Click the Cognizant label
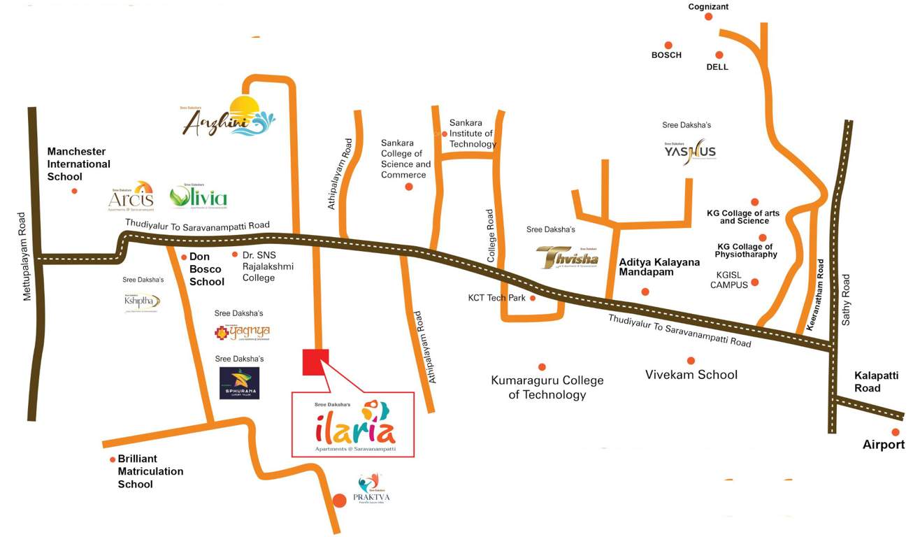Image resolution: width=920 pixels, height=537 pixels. [x=708, y=6]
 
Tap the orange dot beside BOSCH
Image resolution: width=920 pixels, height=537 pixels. [x=668, y=45]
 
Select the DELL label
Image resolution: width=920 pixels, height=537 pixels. [x=717, y=67]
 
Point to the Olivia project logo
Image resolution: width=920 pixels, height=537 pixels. [x=199, y=197]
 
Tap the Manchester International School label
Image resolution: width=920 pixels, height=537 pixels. [x=78, y=164]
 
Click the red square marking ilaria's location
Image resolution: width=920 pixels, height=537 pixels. [x=315, y=361]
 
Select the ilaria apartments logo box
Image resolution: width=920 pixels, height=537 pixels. [x=353, y=424]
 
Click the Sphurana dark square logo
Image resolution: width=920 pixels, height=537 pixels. [x=240, y=383]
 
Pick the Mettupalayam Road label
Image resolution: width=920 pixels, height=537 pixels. [x=27, y=257]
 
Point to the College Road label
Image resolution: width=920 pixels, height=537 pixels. [x=490, y=236]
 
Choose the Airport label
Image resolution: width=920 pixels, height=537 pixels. [x=884, y=445]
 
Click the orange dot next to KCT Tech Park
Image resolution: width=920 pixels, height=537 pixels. [x=533, y=298]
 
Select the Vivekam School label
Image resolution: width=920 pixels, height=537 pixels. [x=691, y=375]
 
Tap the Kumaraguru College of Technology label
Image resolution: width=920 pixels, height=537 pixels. [x=547, y=387]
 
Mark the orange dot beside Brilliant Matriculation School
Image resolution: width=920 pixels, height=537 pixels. [x=113, y=459]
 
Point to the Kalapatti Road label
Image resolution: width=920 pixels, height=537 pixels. [x=876, y=381]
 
